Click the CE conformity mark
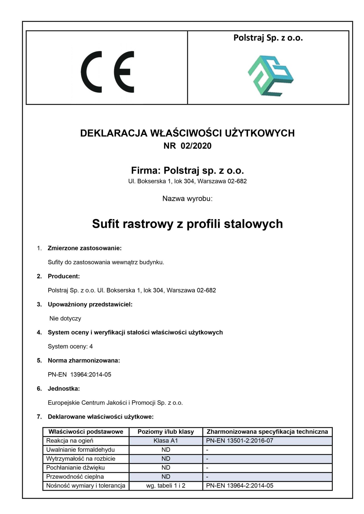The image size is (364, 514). pyautogui.click(x=107, y=72)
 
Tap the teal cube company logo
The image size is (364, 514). pyautogui.click(x=270, y=75)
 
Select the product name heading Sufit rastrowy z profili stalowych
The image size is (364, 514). pyautogui.click(x=187, y=224)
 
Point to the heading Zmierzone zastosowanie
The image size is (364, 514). pyautogui.click(x=84, y=248)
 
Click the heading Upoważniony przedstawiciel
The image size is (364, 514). pyautogui.click(x=90, y=304)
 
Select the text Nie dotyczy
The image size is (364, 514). pyautogui.click(x=65, y=318)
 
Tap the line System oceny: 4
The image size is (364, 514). pyautogui.click(x=70, y=346)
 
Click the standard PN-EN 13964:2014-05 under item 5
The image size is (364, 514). pyautogui.click(x=79, y=375)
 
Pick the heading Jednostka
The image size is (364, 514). pyautogui.click(x=64, y=389)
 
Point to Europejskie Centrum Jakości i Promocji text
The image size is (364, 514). pyautogui.click(x=115, y=403)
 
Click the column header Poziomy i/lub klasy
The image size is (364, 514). pyautogui.click(x=166, y=432)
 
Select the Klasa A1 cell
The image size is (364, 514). pyautogui.click(x=166, y=441)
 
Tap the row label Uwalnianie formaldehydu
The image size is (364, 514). pyautogui.click(x=80, y=450)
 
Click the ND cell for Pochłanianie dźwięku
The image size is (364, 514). pyautogui.click(x=166, y=467)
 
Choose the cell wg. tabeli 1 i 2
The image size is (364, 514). pyautogui.click(x=166, y=486)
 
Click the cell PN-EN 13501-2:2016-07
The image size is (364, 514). pyautogui.click(x=239, y=441)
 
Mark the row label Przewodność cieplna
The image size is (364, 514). pyautogui.click(x=75, y=477)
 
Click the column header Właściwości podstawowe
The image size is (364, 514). pyautogui.click(x=86, y=432)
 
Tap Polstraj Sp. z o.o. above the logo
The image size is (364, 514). pyautogui.click(x=268, y=38)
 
